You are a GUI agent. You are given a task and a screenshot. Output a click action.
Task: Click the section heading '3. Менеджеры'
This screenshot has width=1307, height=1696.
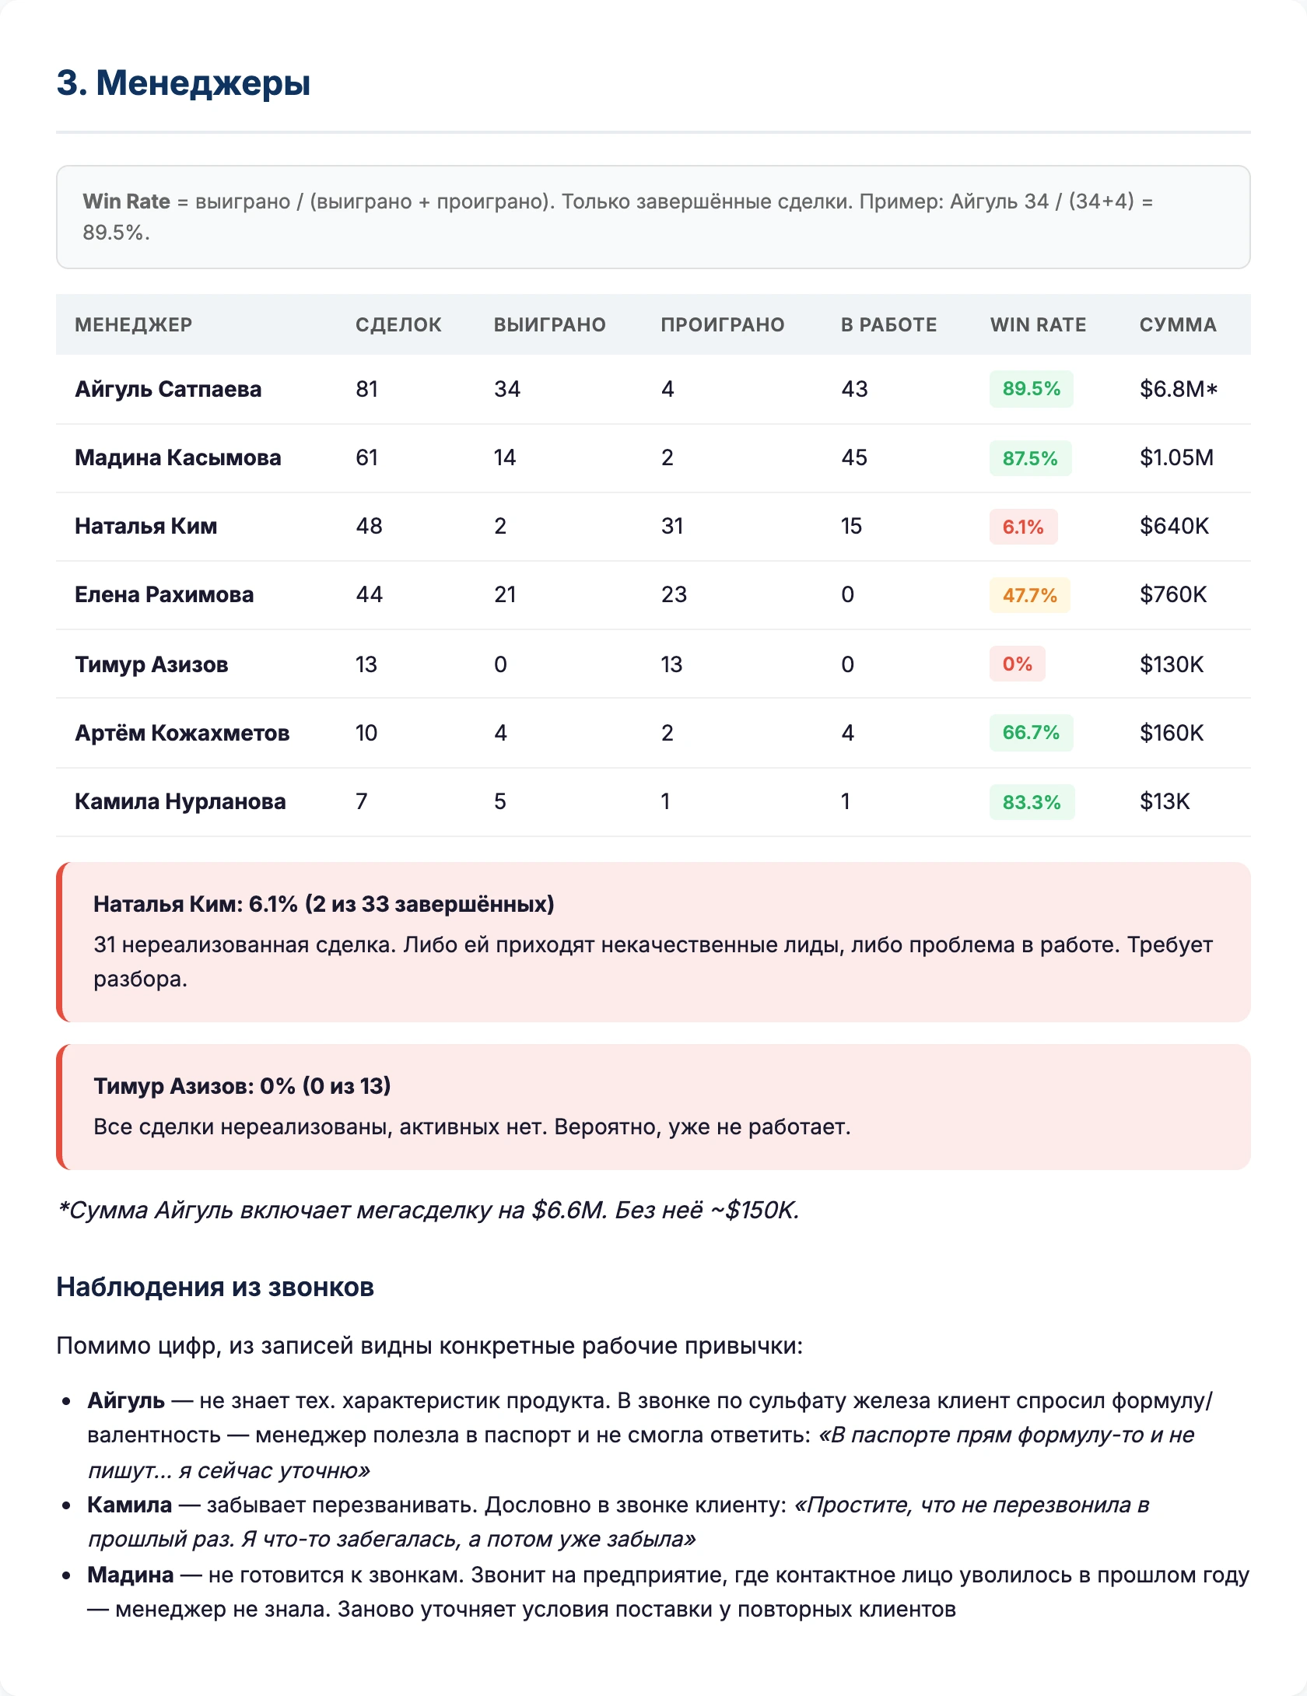[184, 82]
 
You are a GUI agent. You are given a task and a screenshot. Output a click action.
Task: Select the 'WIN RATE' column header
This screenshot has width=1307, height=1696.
[1037, 324]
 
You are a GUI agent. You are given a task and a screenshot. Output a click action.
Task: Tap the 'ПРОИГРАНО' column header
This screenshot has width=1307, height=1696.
[722, 324]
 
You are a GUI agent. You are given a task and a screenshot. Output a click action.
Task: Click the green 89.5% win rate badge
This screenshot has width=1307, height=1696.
[1031, 389]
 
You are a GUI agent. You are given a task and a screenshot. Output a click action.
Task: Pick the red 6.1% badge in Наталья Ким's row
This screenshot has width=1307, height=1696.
[1022, 527]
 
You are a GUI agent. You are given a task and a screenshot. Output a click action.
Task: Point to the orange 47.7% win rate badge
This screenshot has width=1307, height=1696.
[1029, 595]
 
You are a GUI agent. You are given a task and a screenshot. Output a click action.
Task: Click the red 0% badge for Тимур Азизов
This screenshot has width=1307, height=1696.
[1017, 664]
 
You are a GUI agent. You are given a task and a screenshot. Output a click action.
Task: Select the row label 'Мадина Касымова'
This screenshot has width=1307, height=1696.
[177, 457]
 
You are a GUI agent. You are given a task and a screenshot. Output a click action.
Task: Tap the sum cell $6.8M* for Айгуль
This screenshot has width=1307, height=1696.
[1178, 389]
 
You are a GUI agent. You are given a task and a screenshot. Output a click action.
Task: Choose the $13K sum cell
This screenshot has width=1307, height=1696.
[1165, 801]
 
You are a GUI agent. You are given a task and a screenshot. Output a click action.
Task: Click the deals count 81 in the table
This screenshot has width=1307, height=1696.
[366, 389]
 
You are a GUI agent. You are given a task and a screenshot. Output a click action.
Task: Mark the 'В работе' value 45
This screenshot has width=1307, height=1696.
[853, 457]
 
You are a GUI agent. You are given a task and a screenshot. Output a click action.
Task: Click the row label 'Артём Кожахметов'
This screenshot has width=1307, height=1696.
[182, 733]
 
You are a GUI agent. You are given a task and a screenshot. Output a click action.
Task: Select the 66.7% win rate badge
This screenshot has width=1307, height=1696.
[1031, 733]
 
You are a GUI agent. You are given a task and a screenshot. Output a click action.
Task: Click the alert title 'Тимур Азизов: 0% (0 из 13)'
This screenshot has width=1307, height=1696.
[242, 1086]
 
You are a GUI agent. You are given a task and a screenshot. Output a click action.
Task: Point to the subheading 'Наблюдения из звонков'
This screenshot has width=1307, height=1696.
[215, 1288]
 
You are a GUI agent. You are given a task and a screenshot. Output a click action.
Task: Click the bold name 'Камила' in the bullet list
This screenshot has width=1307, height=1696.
[129, 1505]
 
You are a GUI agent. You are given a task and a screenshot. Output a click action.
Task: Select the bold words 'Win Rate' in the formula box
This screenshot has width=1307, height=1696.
[126, 201]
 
